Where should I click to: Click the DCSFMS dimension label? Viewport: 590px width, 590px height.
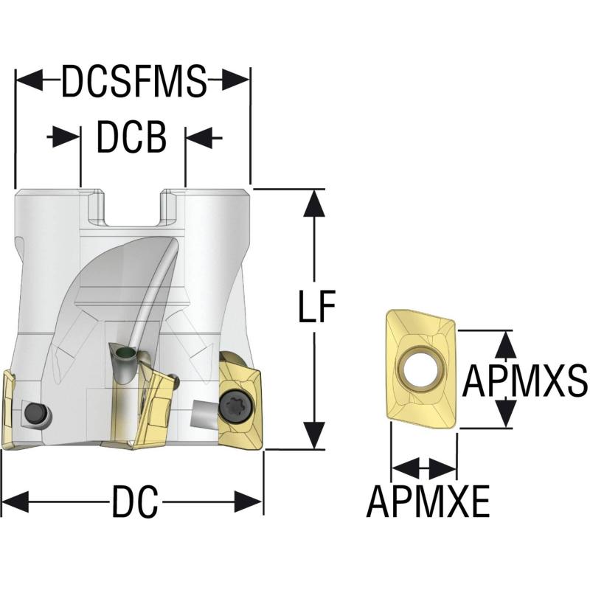(x=134, y=81)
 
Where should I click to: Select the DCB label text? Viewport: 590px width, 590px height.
(x=132, y=137)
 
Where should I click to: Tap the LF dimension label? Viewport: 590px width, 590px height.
(x=316, y=306)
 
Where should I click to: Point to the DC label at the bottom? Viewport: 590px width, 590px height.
(x=135, y=502)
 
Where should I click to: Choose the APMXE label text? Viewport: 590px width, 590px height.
(x=428, y=502)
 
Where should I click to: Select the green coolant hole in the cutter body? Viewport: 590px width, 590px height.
(x=125, y=353)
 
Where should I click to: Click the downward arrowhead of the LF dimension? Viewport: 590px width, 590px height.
(x=314, y=435)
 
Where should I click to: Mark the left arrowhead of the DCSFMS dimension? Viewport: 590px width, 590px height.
(x=29, y=80)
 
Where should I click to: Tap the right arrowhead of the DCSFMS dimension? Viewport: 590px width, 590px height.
(x=235, y=80)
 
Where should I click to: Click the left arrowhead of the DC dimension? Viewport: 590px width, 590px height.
(x=15, y=502)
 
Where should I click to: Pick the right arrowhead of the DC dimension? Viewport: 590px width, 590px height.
(x=249, y=502)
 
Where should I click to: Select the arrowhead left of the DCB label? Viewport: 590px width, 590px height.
(x=66, y=137)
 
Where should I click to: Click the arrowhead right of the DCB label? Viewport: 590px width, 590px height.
(x=200, y=137)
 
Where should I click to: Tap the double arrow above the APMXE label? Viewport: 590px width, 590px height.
(x=424, y=468)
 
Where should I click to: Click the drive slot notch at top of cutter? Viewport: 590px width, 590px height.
(x=133, y=207)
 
